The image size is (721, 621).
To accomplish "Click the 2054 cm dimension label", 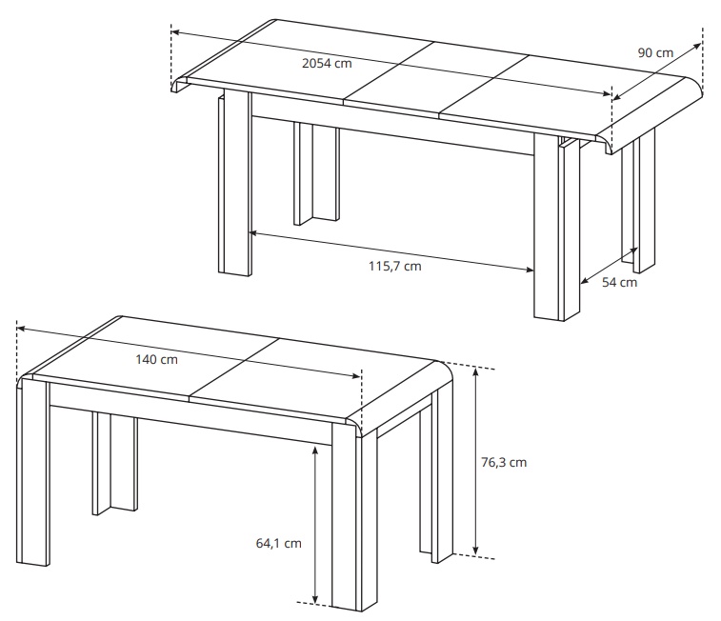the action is (x=327, y=63).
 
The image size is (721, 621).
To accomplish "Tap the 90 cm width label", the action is (x=655, y=52).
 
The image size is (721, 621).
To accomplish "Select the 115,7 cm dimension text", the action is (x=395, y=266).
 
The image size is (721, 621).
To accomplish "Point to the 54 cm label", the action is (x=619, y=282).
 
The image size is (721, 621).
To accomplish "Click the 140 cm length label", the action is (x=156, y=359).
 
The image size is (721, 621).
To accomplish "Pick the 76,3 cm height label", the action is (x=504, y=463).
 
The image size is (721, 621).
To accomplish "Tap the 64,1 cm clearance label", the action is (x=279, y=543).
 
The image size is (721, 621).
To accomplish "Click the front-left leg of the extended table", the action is (x=234, y=183).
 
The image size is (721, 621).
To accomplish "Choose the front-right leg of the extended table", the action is (x=556, y=228).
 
